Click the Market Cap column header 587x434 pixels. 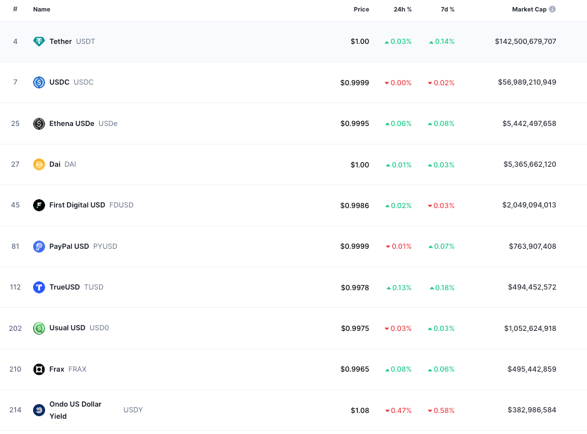coord(529,10)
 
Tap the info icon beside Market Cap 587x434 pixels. coord(552,10)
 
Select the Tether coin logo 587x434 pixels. coord(39,41)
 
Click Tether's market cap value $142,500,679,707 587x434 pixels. coord(525,41)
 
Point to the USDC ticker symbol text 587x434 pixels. coord(83,82)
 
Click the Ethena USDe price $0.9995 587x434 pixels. coord(354,123)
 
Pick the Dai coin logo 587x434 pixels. coord(39,164)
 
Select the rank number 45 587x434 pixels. coord(15,205)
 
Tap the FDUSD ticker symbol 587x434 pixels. coord(121,205)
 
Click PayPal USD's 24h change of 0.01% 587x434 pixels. coord(399,246)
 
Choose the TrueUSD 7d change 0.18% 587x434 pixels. coord(442,288)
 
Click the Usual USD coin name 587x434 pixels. coord(67,328)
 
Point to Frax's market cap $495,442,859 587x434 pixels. coord(532,369)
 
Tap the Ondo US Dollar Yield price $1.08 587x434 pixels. coord(360,410)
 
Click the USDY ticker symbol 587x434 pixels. coord(133,410)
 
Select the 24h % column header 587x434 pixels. coord(402,10)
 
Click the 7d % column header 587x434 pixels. coord(447,10)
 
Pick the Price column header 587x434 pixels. coord(361,10)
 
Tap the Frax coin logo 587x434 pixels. coord(39,370)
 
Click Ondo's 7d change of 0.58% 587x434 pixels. coord(441,410)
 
